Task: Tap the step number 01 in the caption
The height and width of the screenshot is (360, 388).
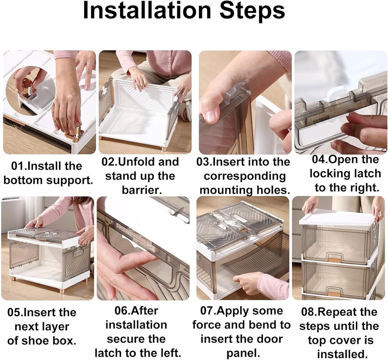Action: (18, 166)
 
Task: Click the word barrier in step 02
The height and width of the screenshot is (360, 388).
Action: (142, 190)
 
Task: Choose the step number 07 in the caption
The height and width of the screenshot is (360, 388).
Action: (208, 311)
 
